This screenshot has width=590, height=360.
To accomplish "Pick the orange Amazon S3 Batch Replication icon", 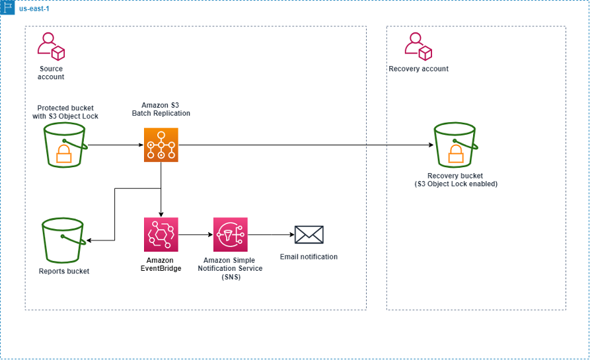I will (x=161, y=145).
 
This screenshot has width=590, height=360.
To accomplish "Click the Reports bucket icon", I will (x=63, y=240).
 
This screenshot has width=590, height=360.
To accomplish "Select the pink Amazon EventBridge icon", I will (x=161, y=234).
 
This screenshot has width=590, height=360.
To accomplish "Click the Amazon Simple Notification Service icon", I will (x=231, y=234).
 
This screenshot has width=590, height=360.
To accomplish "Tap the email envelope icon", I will (x=309, y=234).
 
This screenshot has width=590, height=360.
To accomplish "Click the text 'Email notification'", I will (x=309, y=257).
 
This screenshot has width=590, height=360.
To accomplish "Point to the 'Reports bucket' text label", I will (x=64, y=271).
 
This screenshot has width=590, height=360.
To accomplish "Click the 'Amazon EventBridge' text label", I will (x=161, y=264).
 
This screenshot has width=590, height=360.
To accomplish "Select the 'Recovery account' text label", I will (x=418, y=69).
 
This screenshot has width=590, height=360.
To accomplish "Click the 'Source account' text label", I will (x=51, y=73).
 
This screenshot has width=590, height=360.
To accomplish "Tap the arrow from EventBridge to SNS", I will (x=196, y=234).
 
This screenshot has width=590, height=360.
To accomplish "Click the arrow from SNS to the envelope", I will (x=270, y=234).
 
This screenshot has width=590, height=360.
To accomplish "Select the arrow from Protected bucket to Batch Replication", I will (x=115, y=145).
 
